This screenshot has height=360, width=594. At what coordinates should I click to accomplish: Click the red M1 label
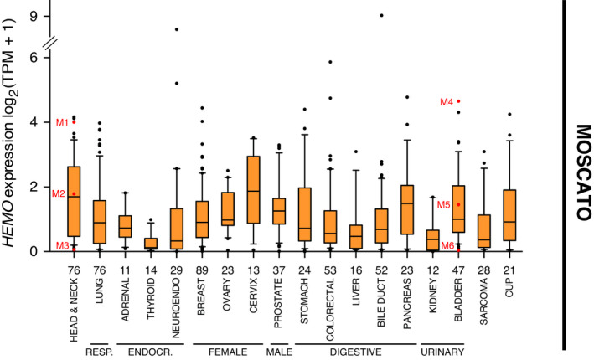(x=62, y=123)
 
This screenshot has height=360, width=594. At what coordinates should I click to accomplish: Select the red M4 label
(x=447, y=102)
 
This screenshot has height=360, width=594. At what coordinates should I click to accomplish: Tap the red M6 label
(x=447, y=245)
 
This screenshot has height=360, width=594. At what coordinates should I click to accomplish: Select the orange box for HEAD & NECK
(x=74, y=202)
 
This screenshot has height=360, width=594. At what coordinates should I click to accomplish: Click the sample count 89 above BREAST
(x=201, y=269)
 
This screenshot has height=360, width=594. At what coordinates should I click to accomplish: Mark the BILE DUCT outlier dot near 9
(x=383, y=15)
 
